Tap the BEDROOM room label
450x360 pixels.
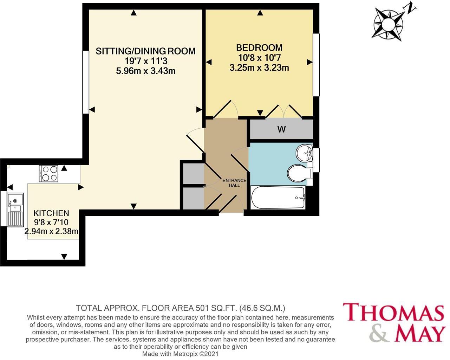click(259, 47)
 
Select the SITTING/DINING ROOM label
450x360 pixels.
click(145, 51)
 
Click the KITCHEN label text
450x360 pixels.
click(51, 213)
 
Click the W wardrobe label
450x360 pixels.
click(281, 129)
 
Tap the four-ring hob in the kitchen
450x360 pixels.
click(49, 174)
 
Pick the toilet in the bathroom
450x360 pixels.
click(299, 173)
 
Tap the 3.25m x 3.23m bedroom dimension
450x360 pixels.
click(259, 68)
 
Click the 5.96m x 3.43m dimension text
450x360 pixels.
click(145, 71)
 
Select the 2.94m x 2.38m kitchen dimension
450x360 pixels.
click(51, 231)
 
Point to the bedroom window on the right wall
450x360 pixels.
click(316, 65)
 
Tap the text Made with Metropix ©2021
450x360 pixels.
click(180, 354)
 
